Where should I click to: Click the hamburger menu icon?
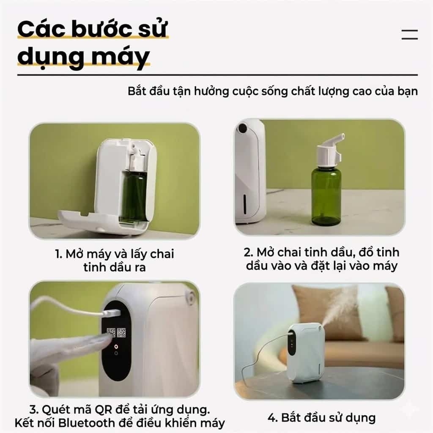coord(409,35)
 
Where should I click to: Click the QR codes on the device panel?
coord(116,333)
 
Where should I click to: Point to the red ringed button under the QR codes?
coord(116,345)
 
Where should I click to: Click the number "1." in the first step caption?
coord(58,254)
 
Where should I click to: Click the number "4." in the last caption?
coord(273,418)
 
